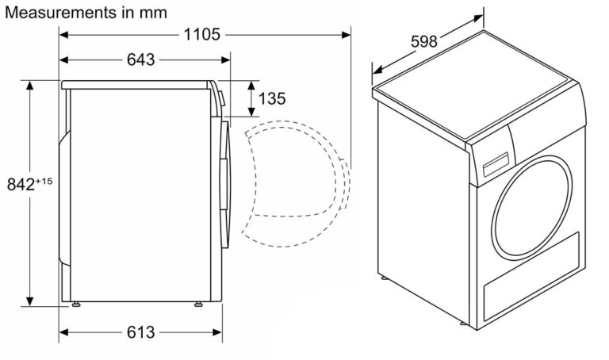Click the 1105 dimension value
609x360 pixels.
click(x=201, y=35)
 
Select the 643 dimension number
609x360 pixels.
click(x=140, y=59)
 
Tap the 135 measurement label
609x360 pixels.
click(x=272, y=98)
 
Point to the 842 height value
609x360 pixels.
click(x=21, y=185)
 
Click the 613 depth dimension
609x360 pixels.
click(x=140, y=332)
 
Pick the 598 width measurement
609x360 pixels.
click(x=424, y=41)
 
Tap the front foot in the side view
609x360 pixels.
click(x=198, y=304)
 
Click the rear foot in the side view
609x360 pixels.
click(x=76, y=304)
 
